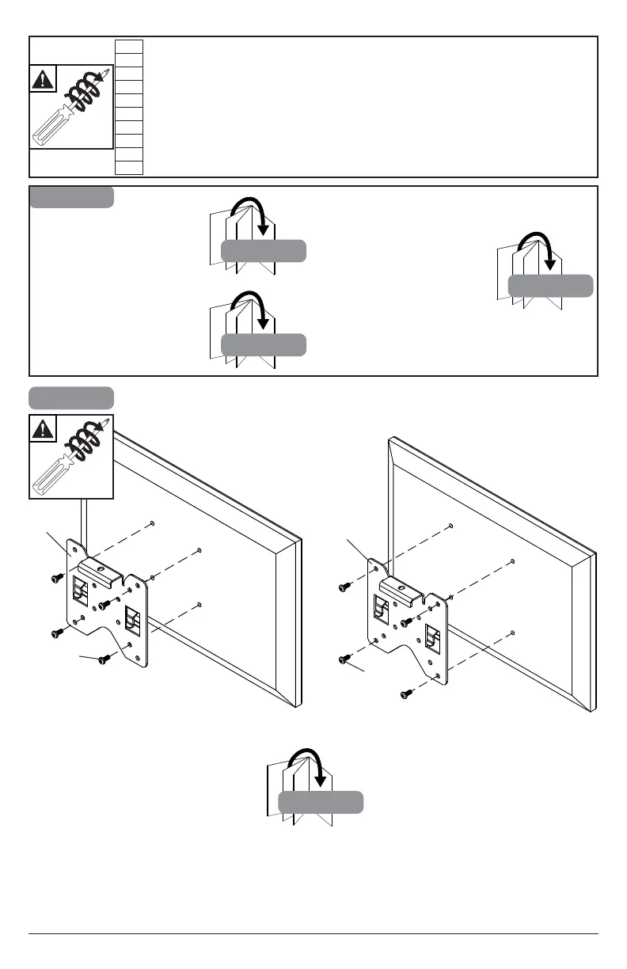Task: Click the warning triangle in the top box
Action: (44, 80)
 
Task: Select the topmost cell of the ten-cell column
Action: (129, 45)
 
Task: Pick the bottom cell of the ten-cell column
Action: (129, 167)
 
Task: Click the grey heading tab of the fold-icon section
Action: (71, 196)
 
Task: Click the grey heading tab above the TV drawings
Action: (71, 397)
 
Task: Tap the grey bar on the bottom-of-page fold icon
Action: (321, 802)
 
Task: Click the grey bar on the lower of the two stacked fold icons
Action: (263, 344)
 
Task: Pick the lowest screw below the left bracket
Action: (102, 659)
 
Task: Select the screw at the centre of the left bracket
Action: (104, 606)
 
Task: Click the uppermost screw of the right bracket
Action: (345, 587)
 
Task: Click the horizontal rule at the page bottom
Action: (313, 934)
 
